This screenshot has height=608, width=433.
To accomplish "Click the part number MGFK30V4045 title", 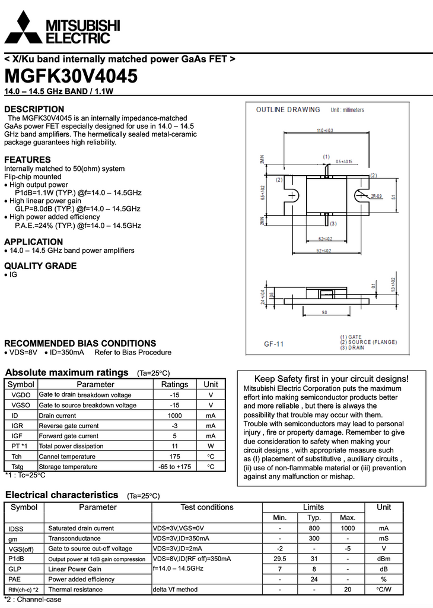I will point(71,77).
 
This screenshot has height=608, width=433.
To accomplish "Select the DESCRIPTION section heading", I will point(34,109).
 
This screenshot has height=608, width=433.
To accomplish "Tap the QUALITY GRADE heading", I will point(40,266).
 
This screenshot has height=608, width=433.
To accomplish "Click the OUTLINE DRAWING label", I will point(288,110).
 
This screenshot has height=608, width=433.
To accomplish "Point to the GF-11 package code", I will point(273,344).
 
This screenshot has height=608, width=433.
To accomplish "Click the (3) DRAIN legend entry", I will point(354,347).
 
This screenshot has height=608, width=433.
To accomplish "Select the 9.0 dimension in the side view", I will point(324,312).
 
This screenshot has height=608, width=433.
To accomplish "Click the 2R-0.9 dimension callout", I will point(377,195).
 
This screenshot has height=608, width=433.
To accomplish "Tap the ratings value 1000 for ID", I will point(174,416).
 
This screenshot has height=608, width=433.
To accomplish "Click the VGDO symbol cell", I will point(21,395).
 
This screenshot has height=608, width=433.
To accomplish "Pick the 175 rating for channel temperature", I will point(174,457).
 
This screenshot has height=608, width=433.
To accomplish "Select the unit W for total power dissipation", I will point(211,446).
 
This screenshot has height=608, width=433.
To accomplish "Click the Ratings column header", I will point(174,384).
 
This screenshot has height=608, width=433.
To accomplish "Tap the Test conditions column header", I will point(207,507).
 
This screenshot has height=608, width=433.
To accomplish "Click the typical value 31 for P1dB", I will point(314,559).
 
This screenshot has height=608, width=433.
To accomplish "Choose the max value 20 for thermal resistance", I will point(348,590).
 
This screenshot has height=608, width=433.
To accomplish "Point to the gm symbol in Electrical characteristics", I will point(12,539).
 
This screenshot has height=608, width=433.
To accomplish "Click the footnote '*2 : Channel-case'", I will point(33,600).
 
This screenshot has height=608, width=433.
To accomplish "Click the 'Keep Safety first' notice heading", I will point(331,379).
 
